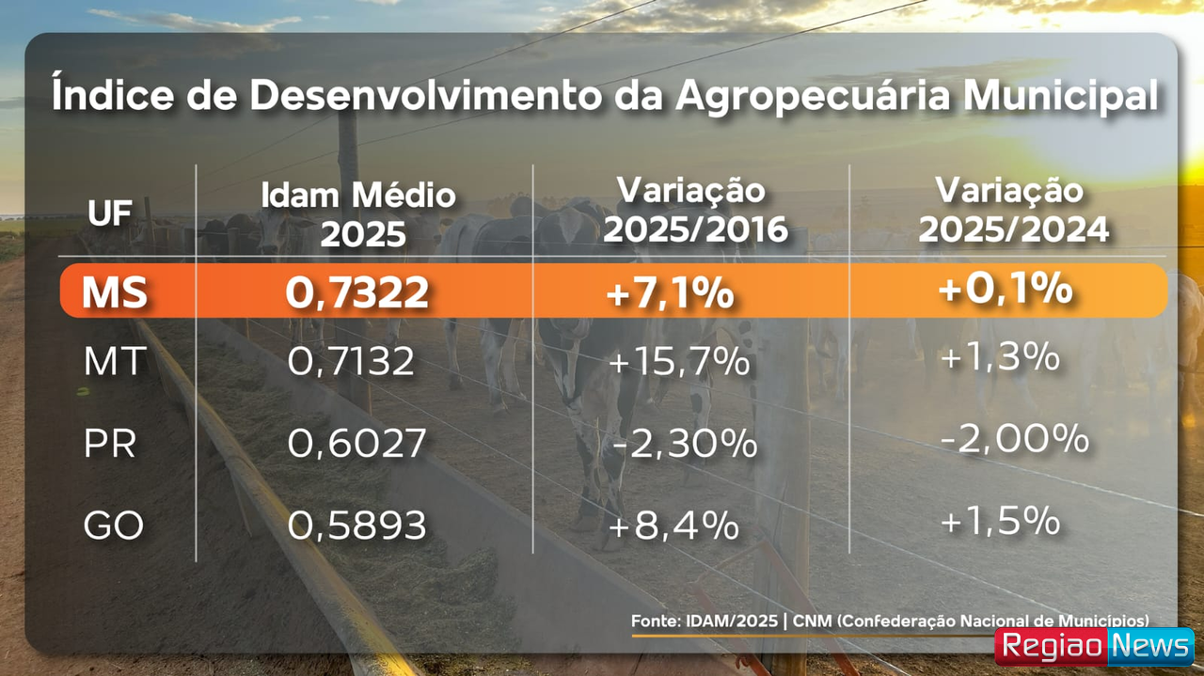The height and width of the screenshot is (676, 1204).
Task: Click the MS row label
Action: coord(115,292)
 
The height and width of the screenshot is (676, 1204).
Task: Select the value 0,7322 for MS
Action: coord(357,292)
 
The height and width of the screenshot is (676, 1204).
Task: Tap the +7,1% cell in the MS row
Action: coord(670,293)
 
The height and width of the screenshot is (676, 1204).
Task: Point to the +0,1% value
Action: coord(1005,288)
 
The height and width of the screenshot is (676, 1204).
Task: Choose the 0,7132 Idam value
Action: coord(351,361)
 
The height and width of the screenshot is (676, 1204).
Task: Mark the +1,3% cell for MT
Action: coord(1000,357)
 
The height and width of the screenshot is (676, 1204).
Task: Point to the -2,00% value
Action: coord(1015,438)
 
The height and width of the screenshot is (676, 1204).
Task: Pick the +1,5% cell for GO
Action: coord(1001,520)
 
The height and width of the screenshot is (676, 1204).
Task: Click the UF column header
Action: coord(110,214)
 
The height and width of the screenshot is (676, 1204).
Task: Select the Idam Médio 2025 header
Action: coord(358,215)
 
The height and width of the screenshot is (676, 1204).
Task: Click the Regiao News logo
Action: coord(1094,647)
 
